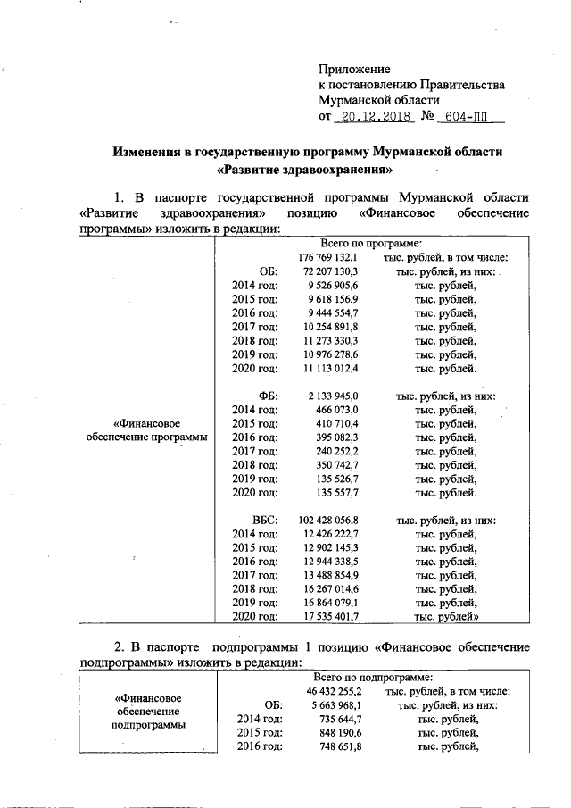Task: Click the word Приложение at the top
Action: pos(355,69)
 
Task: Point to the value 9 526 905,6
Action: pos(333,286)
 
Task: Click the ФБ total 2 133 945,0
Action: pos(333,396)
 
